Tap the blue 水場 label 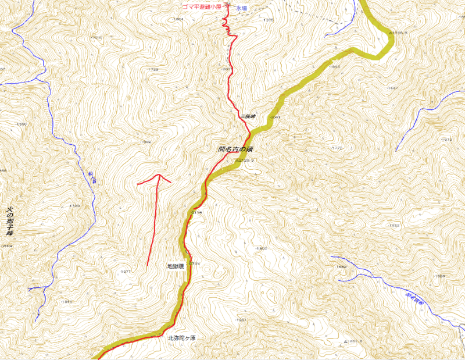[x=242, y=9]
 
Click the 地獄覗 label [x=175, y=266]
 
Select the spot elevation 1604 [x=178, y=19]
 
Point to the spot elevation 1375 [x=268, y=20]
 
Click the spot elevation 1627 [x=393, y=88]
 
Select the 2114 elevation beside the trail [x=196, y=213]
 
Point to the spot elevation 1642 [x=341, y=266]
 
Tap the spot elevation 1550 [x=22, y=124]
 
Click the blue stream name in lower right [x=415, y=301]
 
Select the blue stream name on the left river [x=92, y=178]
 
